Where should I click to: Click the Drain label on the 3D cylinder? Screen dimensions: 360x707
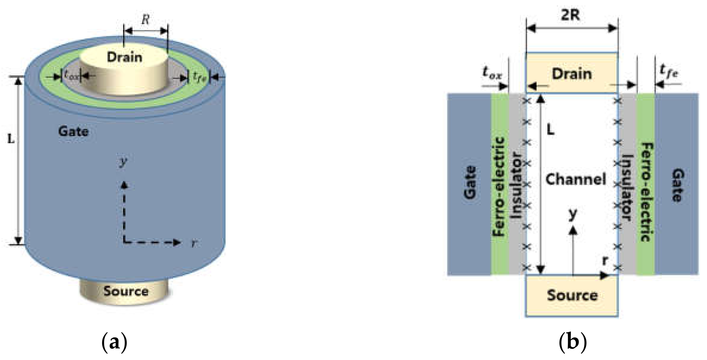pos(125,57)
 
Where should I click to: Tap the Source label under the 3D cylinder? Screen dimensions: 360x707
pos(126,291)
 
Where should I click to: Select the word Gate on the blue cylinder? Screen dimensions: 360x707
pos(73,131)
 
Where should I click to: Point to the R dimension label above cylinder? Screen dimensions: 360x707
pos(145,20)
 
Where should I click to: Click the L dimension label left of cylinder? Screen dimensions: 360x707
pos(11,139)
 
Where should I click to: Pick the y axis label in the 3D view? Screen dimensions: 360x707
pos(123,162)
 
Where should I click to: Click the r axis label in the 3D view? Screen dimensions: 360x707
pos(194,244)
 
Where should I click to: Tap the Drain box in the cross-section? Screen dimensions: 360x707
pos(572,74)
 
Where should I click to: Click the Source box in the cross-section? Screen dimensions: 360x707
pos(572,295)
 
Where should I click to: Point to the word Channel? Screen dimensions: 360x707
pos(576,179)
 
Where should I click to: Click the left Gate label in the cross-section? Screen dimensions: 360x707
pos(470,183)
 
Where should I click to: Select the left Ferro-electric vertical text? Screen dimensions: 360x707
pos(498,187)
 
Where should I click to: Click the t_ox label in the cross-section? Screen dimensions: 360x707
pos(492,73)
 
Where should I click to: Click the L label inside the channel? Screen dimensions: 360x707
pos(550,129)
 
